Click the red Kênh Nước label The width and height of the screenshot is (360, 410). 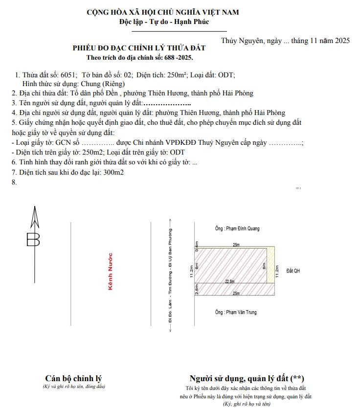click(111, 272)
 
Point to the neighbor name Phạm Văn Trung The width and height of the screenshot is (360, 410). click(237, 312)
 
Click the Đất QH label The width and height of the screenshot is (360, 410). click(293, 271)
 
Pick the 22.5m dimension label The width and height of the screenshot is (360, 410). click(229, 281)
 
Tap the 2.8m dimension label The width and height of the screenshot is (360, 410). click(197, 290)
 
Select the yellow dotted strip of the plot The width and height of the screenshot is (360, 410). click(270, 265)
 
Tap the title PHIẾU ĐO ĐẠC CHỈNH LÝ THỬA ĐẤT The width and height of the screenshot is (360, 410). click(139, 48)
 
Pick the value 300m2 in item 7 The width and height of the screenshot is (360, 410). click(113, 172)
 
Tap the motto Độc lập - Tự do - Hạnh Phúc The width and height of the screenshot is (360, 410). click(157, 22)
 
